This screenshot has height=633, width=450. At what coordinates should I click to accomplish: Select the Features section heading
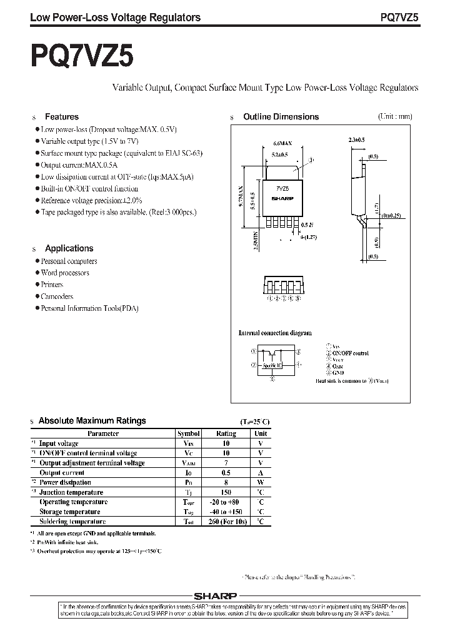[61, 117]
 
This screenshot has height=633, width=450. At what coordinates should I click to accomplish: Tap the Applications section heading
[69, 248]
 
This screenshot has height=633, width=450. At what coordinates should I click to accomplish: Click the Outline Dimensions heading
[281, 117]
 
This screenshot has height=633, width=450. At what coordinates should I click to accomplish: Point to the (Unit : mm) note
[395, 116]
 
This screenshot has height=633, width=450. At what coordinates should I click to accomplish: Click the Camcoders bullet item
[57, 296]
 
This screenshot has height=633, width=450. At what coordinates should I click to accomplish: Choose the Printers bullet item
[52, 285]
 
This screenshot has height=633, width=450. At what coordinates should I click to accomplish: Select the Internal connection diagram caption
[275, 333]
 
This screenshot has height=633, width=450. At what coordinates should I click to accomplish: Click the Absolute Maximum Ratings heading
[92, 421]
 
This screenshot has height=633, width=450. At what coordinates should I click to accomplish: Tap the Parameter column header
[103, 433]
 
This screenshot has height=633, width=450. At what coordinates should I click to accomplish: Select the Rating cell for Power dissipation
[226, 482]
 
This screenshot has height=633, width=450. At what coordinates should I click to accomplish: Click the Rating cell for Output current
[226, 473]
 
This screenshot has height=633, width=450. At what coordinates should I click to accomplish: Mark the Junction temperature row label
[71, 492]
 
